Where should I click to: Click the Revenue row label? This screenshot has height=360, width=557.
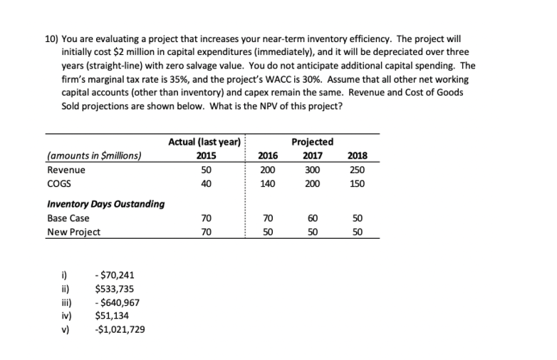66,170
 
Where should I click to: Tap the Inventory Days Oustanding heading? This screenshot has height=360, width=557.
105,205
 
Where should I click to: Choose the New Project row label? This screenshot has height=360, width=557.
73,232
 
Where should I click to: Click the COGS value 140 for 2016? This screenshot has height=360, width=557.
268,183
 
